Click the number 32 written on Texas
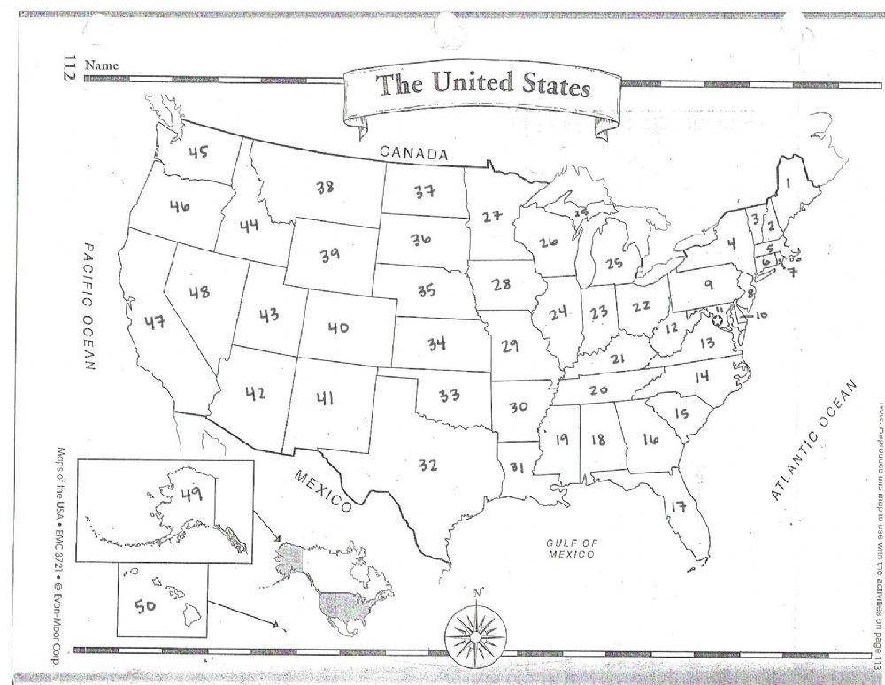tap(427, 464)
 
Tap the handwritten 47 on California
tap(156, 322)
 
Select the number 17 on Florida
tap(704, 507)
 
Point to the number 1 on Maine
tap(787, 183)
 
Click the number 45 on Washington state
tap(197, 152)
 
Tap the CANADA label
tap(414, 153)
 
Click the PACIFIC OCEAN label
tap(89, 305)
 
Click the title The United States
tap(483, 86)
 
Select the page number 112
tap(65, 67)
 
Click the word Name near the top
tap(100, 65)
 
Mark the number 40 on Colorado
tap(337, 327)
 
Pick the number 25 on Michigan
tap(614, 264)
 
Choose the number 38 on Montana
tap(324, 187)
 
